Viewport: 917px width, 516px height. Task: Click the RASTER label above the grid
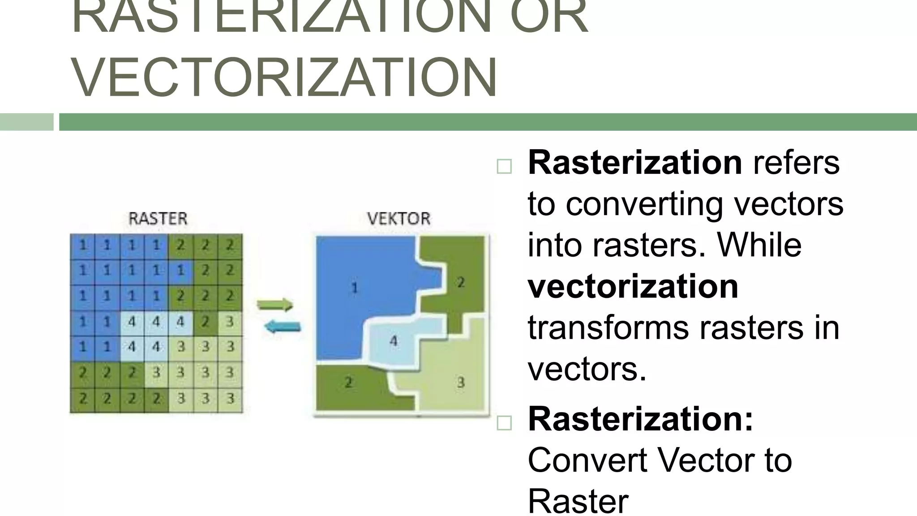pos(158,219)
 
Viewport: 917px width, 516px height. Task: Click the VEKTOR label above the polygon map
pos(399,219)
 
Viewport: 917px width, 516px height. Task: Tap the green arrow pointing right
pos(275,305)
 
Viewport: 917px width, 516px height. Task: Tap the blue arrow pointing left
pos(283,327)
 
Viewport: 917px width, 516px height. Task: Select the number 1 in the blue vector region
pos(354,287)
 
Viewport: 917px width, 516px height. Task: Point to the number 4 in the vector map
pos(393,341)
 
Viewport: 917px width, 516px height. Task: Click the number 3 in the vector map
pos(461,383)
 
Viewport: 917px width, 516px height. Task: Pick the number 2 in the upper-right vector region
pos(461,282)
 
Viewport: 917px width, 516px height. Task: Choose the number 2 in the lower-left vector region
pos(348,382)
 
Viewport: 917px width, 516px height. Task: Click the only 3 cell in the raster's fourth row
pos(230,322)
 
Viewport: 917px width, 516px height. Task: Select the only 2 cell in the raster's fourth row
pos(206,322)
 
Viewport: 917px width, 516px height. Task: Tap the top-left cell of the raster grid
pos(83,245)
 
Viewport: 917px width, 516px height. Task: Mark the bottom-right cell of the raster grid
pos(230,398)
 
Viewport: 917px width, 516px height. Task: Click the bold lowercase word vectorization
pos(633,287)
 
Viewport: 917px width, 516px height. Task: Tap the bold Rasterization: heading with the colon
pos(641,419)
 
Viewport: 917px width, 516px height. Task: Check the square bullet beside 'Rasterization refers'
pos(504,167)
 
